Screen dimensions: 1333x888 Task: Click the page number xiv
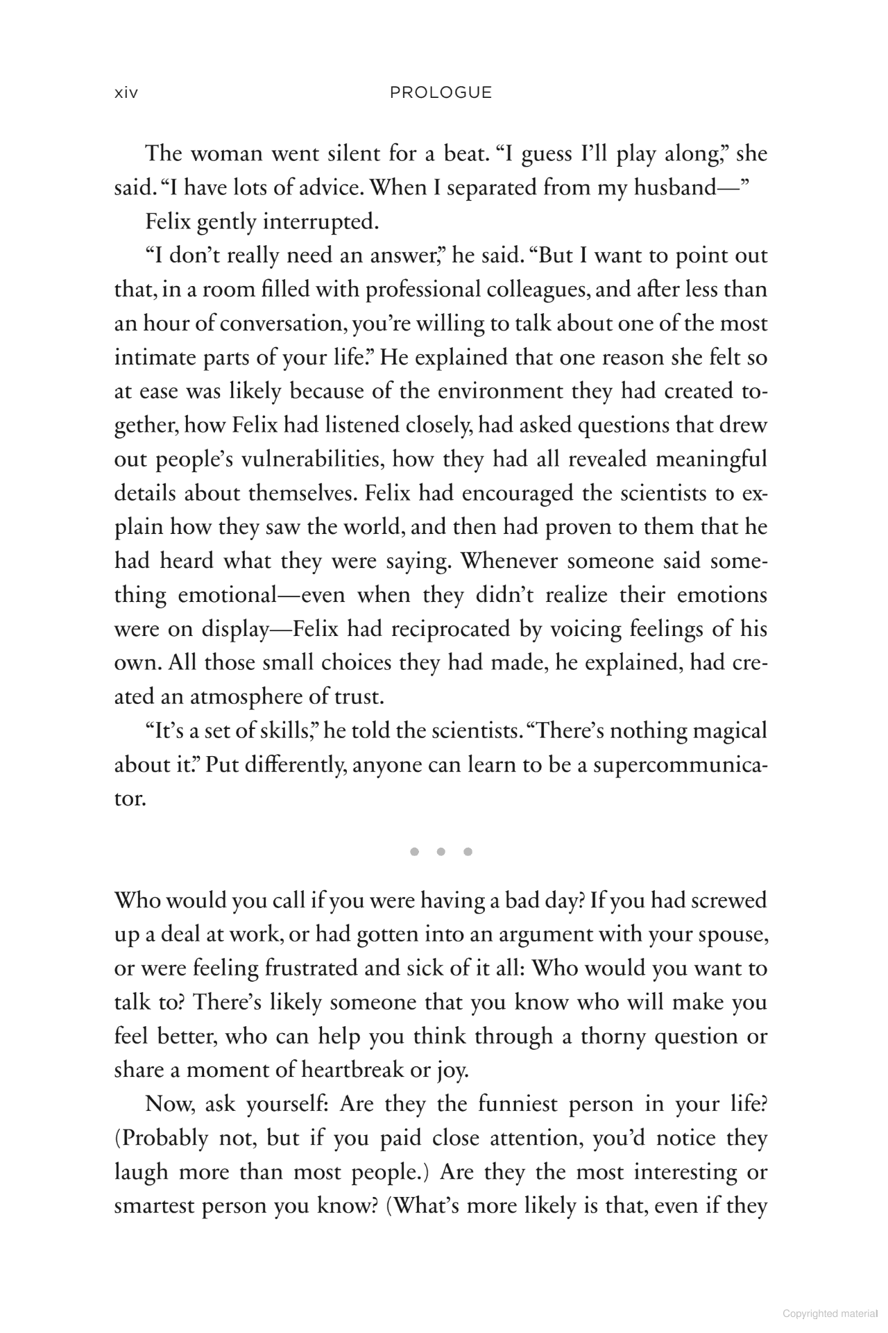pos(126,93)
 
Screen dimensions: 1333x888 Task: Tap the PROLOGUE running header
pos(441,93)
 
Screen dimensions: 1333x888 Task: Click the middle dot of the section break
pos(441,852)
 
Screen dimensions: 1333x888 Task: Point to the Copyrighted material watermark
pos(829,1314)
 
